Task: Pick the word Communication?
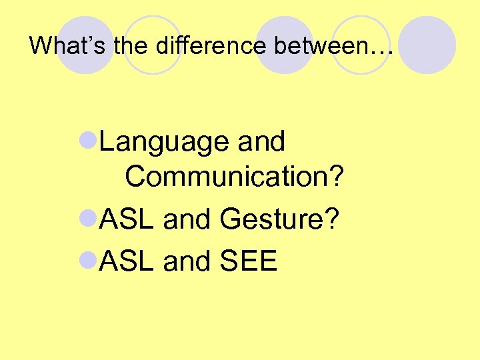[x=234, y=177]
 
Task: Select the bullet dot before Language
[x=89, y=141]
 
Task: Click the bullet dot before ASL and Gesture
[x=89, y=218]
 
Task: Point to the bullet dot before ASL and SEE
[x=89, y=260]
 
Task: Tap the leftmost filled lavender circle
[x=84, y=45]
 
